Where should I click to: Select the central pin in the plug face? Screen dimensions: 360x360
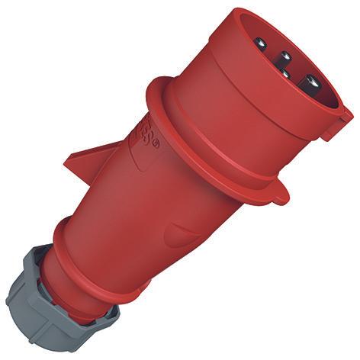[x=285, y=58]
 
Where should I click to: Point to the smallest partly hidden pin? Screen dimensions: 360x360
[x=284, y=73]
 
